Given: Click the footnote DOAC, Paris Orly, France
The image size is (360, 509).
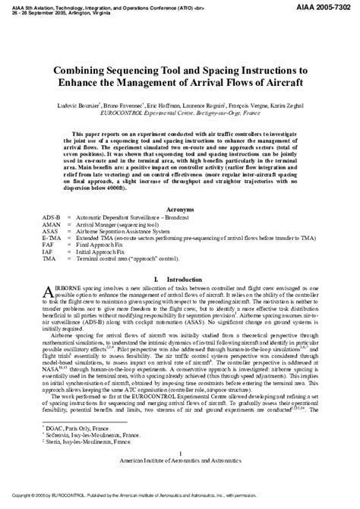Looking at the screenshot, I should pos(70,451).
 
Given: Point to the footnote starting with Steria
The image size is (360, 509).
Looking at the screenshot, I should pos(79,463).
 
